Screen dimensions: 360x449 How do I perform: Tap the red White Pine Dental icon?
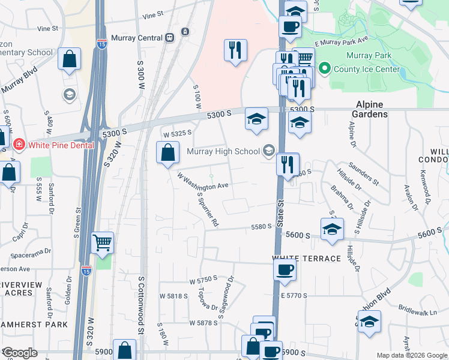[x=19, y=145]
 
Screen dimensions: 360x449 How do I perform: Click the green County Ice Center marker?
[x=325, y=69]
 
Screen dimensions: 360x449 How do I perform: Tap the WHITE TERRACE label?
[x=306, y=259]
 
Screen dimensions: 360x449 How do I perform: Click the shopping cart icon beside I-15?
[x=103, y=244]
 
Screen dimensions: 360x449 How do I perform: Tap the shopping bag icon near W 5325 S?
[x=167, y=153]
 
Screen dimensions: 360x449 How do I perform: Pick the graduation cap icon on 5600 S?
[x=332, y=229]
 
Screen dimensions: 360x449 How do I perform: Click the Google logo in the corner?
[x=20, y=353]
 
